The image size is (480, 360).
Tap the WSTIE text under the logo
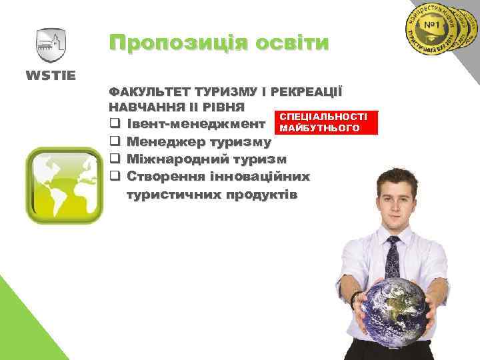pyautogui.click(x=51, y=72)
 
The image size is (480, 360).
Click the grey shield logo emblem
pyautogui.click(x=51, y=45)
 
